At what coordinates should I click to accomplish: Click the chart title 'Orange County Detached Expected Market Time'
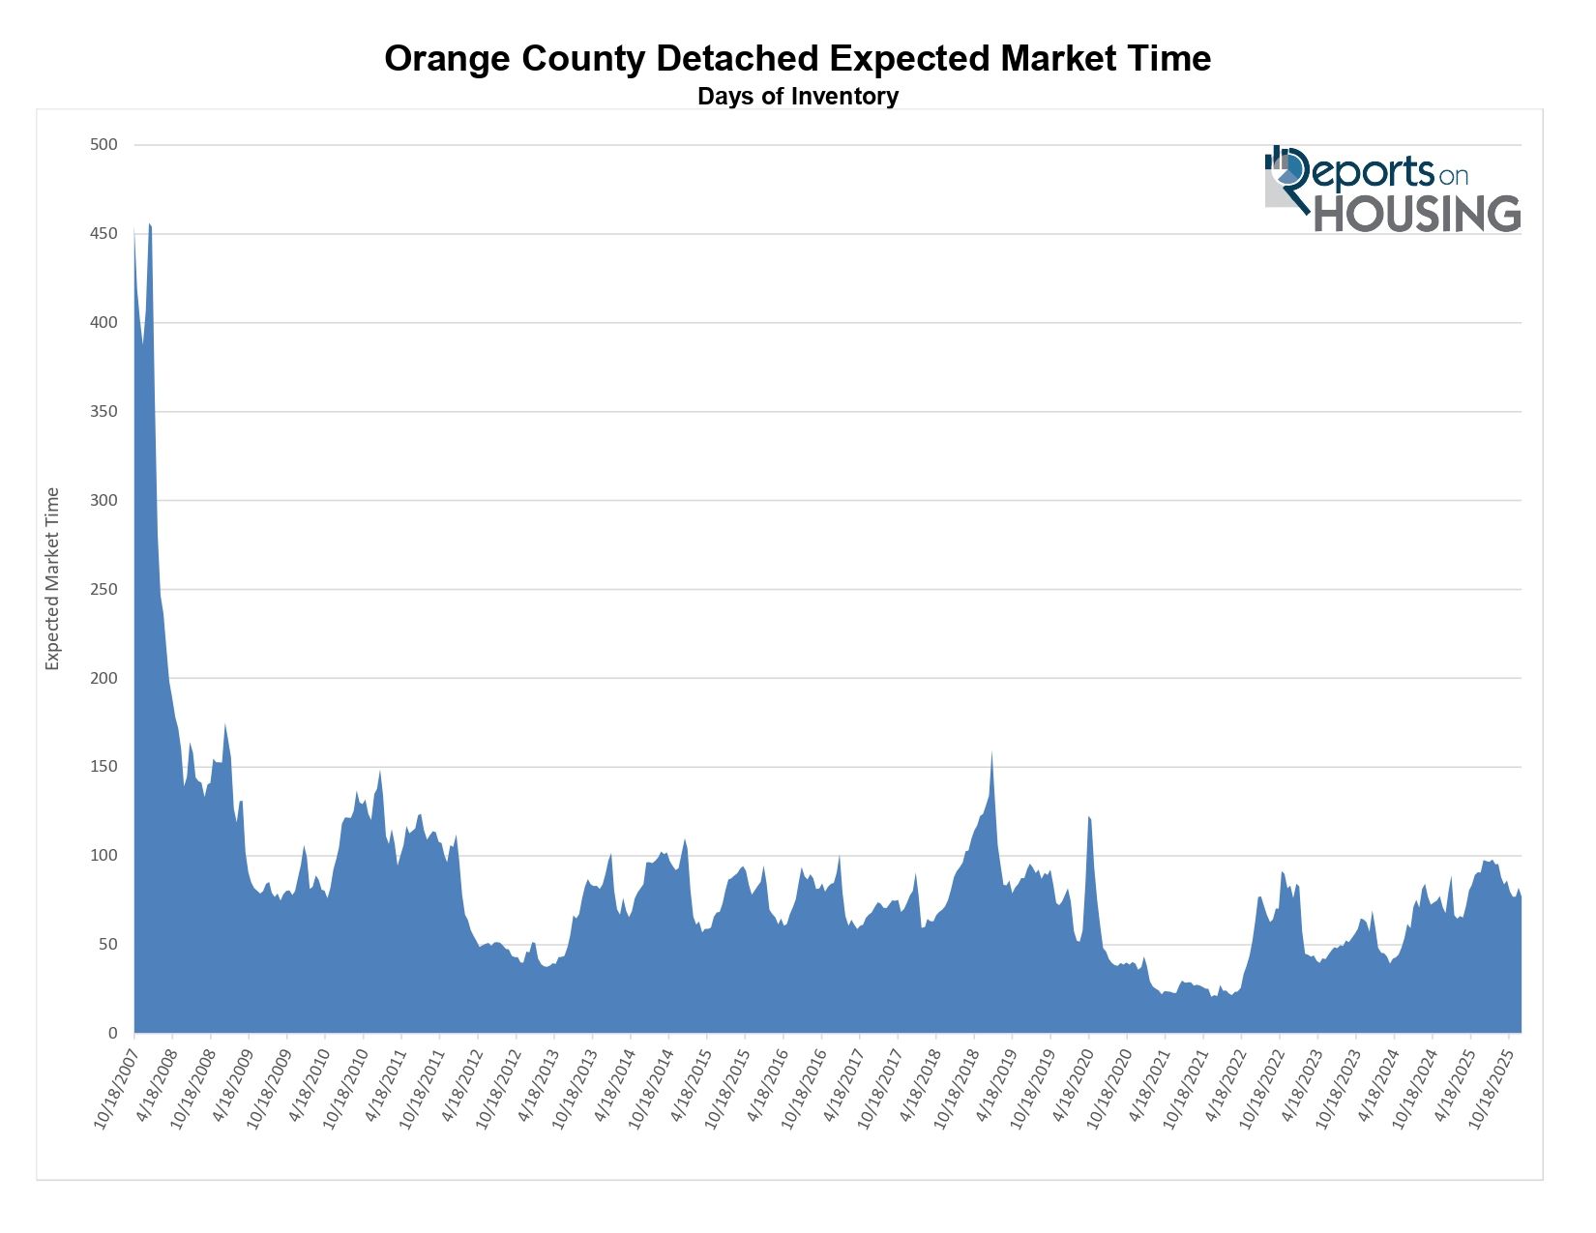pos(797,59)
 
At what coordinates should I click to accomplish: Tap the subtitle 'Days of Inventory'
pos(797,97)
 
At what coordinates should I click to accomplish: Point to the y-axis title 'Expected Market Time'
pos(53,578)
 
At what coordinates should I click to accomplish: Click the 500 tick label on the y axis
pos(103,145)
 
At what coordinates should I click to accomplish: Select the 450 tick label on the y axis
pos(103,234)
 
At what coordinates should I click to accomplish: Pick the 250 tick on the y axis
pos(103,589)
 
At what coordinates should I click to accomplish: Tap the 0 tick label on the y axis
pos(112,1034)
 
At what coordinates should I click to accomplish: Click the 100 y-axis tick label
pos(103,856)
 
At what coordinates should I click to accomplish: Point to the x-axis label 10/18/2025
pos(1491,1088)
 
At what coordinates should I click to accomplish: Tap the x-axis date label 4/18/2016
pos(766,1085)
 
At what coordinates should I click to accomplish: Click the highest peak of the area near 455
pos(149,224)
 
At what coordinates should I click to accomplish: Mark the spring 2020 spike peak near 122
pos(1089,818)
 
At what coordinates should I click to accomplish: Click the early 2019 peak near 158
pos(991,752)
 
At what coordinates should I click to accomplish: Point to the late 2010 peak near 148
pos(380,772)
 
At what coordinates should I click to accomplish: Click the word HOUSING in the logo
pos(1417,214)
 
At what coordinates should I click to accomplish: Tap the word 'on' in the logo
pos(1454,176)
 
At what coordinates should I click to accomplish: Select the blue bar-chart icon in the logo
pos(1277,159)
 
